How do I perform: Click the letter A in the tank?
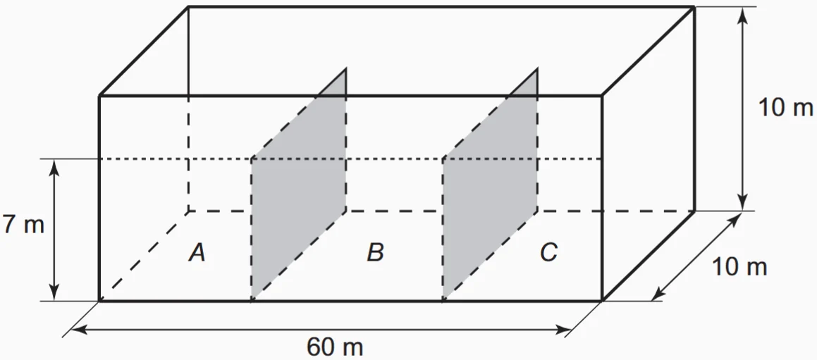(x=197, y=252)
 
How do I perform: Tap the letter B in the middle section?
(x=375, y=252)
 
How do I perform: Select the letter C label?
(x=549, y=252)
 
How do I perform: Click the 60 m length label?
(x=336, y=347)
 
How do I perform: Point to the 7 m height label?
(x=23, y=225)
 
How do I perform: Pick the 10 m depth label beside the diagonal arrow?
(x=739, y=267)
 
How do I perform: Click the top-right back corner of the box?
(x=695, y=7)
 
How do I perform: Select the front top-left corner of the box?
(x=99, y=94)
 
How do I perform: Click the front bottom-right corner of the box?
(x=601, y=301)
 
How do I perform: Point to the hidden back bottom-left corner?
(x=188, y=211)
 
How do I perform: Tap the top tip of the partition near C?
(x=537, y=69)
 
